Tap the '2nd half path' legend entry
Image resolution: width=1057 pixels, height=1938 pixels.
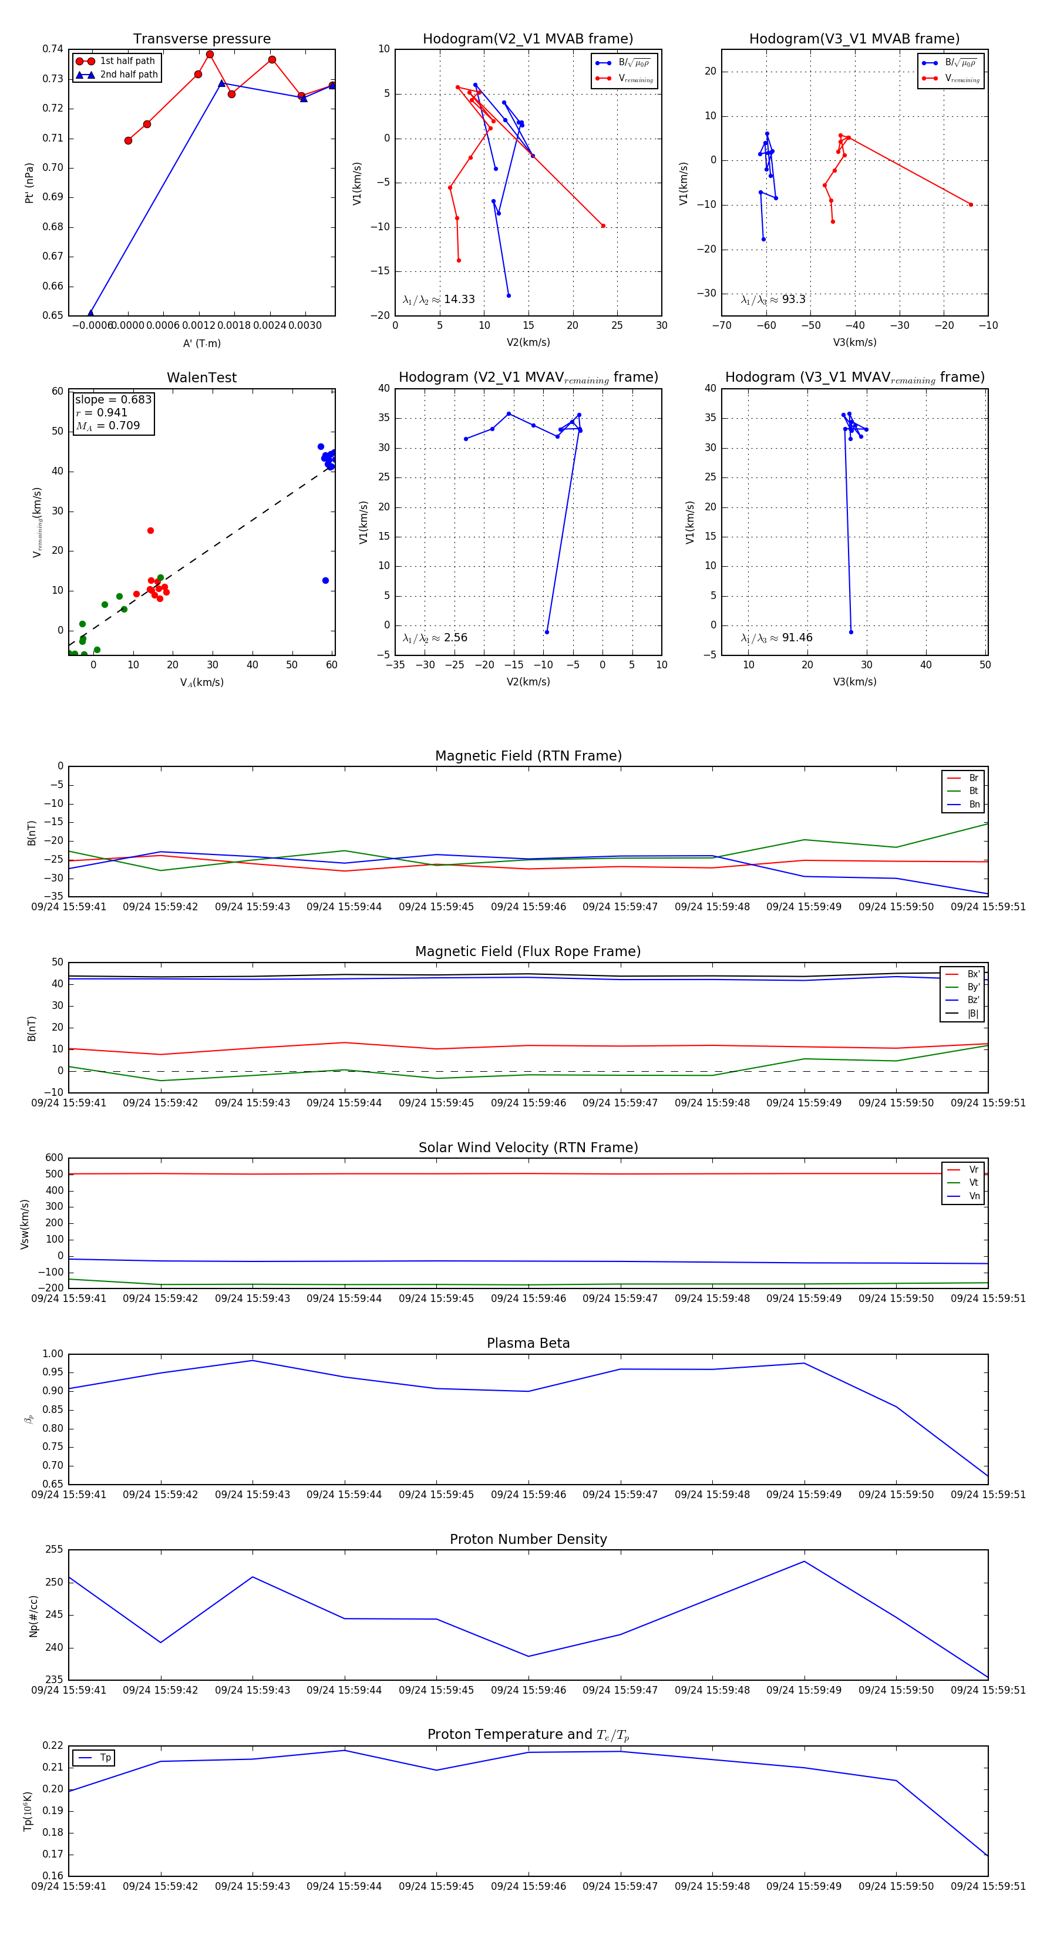point(129,75)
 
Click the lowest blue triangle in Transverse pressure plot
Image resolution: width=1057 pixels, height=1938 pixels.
point(90,314)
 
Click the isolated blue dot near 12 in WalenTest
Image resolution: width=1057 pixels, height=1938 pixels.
point(325,581)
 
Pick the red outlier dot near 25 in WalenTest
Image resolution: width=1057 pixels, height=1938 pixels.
point(150,531)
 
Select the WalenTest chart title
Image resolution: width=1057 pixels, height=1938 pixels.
point(201,378)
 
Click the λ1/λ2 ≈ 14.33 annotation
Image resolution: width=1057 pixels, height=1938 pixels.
point(439,300)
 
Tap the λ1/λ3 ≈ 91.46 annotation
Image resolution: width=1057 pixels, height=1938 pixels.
point(776,638)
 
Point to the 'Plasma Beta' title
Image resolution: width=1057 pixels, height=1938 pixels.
point(528,1343)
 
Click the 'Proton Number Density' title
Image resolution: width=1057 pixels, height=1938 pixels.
point(528,1539)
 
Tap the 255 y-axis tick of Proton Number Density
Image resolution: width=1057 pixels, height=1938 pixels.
point(54,1550)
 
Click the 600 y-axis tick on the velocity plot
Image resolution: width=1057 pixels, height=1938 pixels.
point(54,1158)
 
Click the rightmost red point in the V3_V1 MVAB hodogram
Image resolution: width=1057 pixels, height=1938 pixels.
point(971,204)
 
